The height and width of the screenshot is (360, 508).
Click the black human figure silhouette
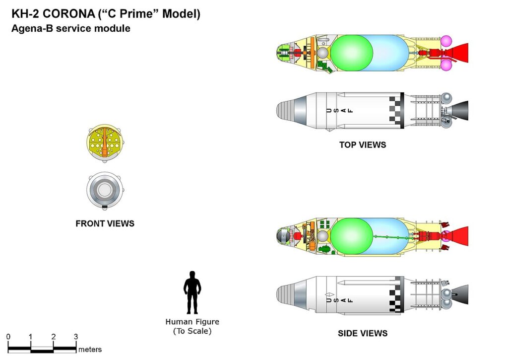coord(192,293)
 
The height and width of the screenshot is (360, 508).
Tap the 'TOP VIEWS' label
coord(363,145)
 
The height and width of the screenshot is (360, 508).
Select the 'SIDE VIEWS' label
coord(363,333)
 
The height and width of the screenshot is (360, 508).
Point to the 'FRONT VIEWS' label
coord(105,223)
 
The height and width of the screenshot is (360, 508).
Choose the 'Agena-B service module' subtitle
coord(71,29)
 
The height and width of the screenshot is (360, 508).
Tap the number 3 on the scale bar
coord(76,337)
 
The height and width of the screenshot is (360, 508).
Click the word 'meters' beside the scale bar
coord(90,350)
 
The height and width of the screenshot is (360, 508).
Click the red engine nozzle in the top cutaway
coord(459,53)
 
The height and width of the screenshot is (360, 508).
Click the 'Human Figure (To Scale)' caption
coord(192,326)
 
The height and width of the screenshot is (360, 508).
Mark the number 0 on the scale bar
coord(8,337)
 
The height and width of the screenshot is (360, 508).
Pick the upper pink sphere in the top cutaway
coord(446,40)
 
